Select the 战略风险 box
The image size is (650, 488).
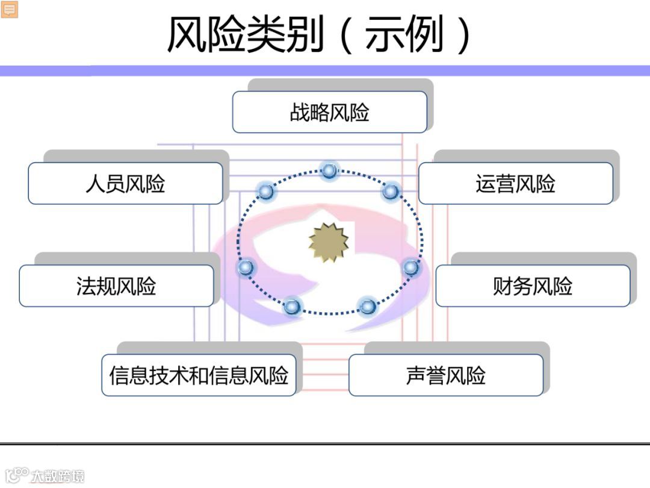(329, 112)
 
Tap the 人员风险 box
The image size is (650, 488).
(125, 183)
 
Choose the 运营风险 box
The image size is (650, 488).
(515, 183)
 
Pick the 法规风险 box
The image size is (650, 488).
(116, 286)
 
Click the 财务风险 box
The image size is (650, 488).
(533, 286)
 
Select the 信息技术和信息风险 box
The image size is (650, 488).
(199, 375)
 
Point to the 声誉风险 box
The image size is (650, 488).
(445, 375)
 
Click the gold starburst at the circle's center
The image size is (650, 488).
(329, 242)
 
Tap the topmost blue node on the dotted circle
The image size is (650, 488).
(329, 170)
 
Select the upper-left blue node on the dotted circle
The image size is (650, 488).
(265, 192)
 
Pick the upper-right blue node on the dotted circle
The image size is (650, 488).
(391, 192)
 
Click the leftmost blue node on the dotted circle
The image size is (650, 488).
(244, 267)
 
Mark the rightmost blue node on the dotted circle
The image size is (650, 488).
(410, 267)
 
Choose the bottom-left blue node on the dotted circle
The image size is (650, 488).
(292, 307)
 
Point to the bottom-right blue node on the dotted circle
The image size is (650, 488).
(368, 307)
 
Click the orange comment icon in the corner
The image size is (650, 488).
(10, 9)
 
